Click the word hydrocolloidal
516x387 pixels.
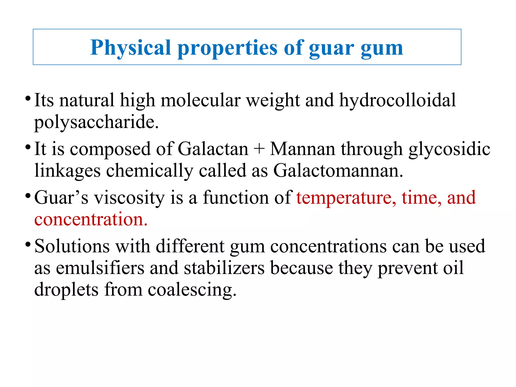tap(397, 100)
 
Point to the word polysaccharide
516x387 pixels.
tap(96, 122)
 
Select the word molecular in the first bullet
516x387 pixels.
tap(201, 100)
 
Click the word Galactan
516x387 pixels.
tap(213, 149)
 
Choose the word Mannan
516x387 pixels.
tap(303, 149)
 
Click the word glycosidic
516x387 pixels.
tap(449, 149)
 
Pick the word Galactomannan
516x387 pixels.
tap(338, 171)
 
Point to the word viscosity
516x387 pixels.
tap(129, 198)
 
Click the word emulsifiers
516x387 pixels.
tap(100, 268)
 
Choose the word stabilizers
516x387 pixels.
tap(224, 268)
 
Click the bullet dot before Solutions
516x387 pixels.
tap(28, 244)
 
